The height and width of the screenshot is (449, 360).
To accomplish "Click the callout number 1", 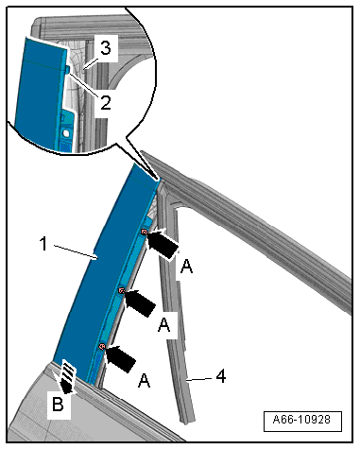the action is click(44, 244).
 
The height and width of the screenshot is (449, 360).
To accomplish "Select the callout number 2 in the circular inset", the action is click(106, 103).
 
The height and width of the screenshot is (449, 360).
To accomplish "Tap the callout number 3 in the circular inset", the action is click(106, 48).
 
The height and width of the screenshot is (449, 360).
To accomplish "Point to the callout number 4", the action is click(221, 376).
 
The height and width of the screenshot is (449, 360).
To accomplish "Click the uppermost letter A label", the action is click(186, 268).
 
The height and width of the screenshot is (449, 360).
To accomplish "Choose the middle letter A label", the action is click(163, 324).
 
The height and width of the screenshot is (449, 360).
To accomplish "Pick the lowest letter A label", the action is click(144, 380).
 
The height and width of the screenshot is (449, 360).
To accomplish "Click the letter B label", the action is click(58, 404).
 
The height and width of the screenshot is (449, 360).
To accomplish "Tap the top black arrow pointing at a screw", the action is click(163, 244).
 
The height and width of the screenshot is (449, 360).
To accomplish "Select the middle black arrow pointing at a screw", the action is click(140, 302).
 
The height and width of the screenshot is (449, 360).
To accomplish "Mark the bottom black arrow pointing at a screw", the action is click(120, 358).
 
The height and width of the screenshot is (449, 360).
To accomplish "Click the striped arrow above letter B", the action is click(68, 377).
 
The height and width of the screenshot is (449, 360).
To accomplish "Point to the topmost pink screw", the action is click(144, 233).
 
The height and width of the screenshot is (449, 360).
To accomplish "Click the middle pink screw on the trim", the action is click(121, 290).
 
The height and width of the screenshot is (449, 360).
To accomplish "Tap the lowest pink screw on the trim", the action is click(101, 347).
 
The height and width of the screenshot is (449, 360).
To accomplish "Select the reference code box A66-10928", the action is click(302, 421).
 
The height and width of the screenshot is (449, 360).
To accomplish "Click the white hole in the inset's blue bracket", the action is click(66, 133).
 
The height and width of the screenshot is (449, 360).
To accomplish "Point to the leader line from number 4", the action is click(201, 379).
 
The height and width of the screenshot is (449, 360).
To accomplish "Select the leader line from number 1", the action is click(76, 251).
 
